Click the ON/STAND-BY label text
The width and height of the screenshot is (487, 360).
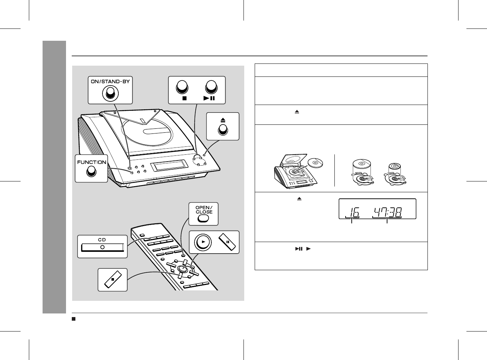110,82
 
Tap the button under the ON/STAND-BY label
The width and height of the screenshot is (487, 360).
110,93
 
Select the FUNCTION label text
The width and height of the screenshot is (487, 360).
92,162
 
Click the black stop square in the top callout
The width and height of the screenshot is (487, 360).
184,98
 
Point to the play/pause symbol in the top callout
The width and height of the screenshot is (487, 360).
209,98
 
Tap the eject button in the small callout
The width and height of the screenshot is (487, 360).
223,130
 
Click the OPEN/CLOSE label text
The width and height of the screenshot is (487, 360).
204,210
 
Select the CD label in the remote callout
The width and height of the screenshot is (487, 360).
102,240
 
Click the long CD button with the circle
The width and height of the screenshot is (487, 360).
102,247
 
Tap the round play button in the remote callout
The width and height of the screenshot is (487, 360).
203,242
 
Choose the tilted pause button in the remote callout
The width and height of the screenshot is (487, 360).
227,242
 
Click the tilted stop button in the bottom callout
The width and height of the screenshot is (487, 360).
113,279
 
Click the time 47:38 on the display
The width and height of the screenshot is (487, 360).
388,212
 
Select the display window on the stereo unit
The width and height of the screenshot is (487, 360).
169,166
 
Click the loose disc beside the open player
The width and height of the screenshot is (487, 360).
315,163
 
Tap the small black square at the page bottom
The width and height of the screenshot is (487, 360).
74,319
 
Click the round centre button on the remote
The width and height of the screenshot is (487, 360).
182,268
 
